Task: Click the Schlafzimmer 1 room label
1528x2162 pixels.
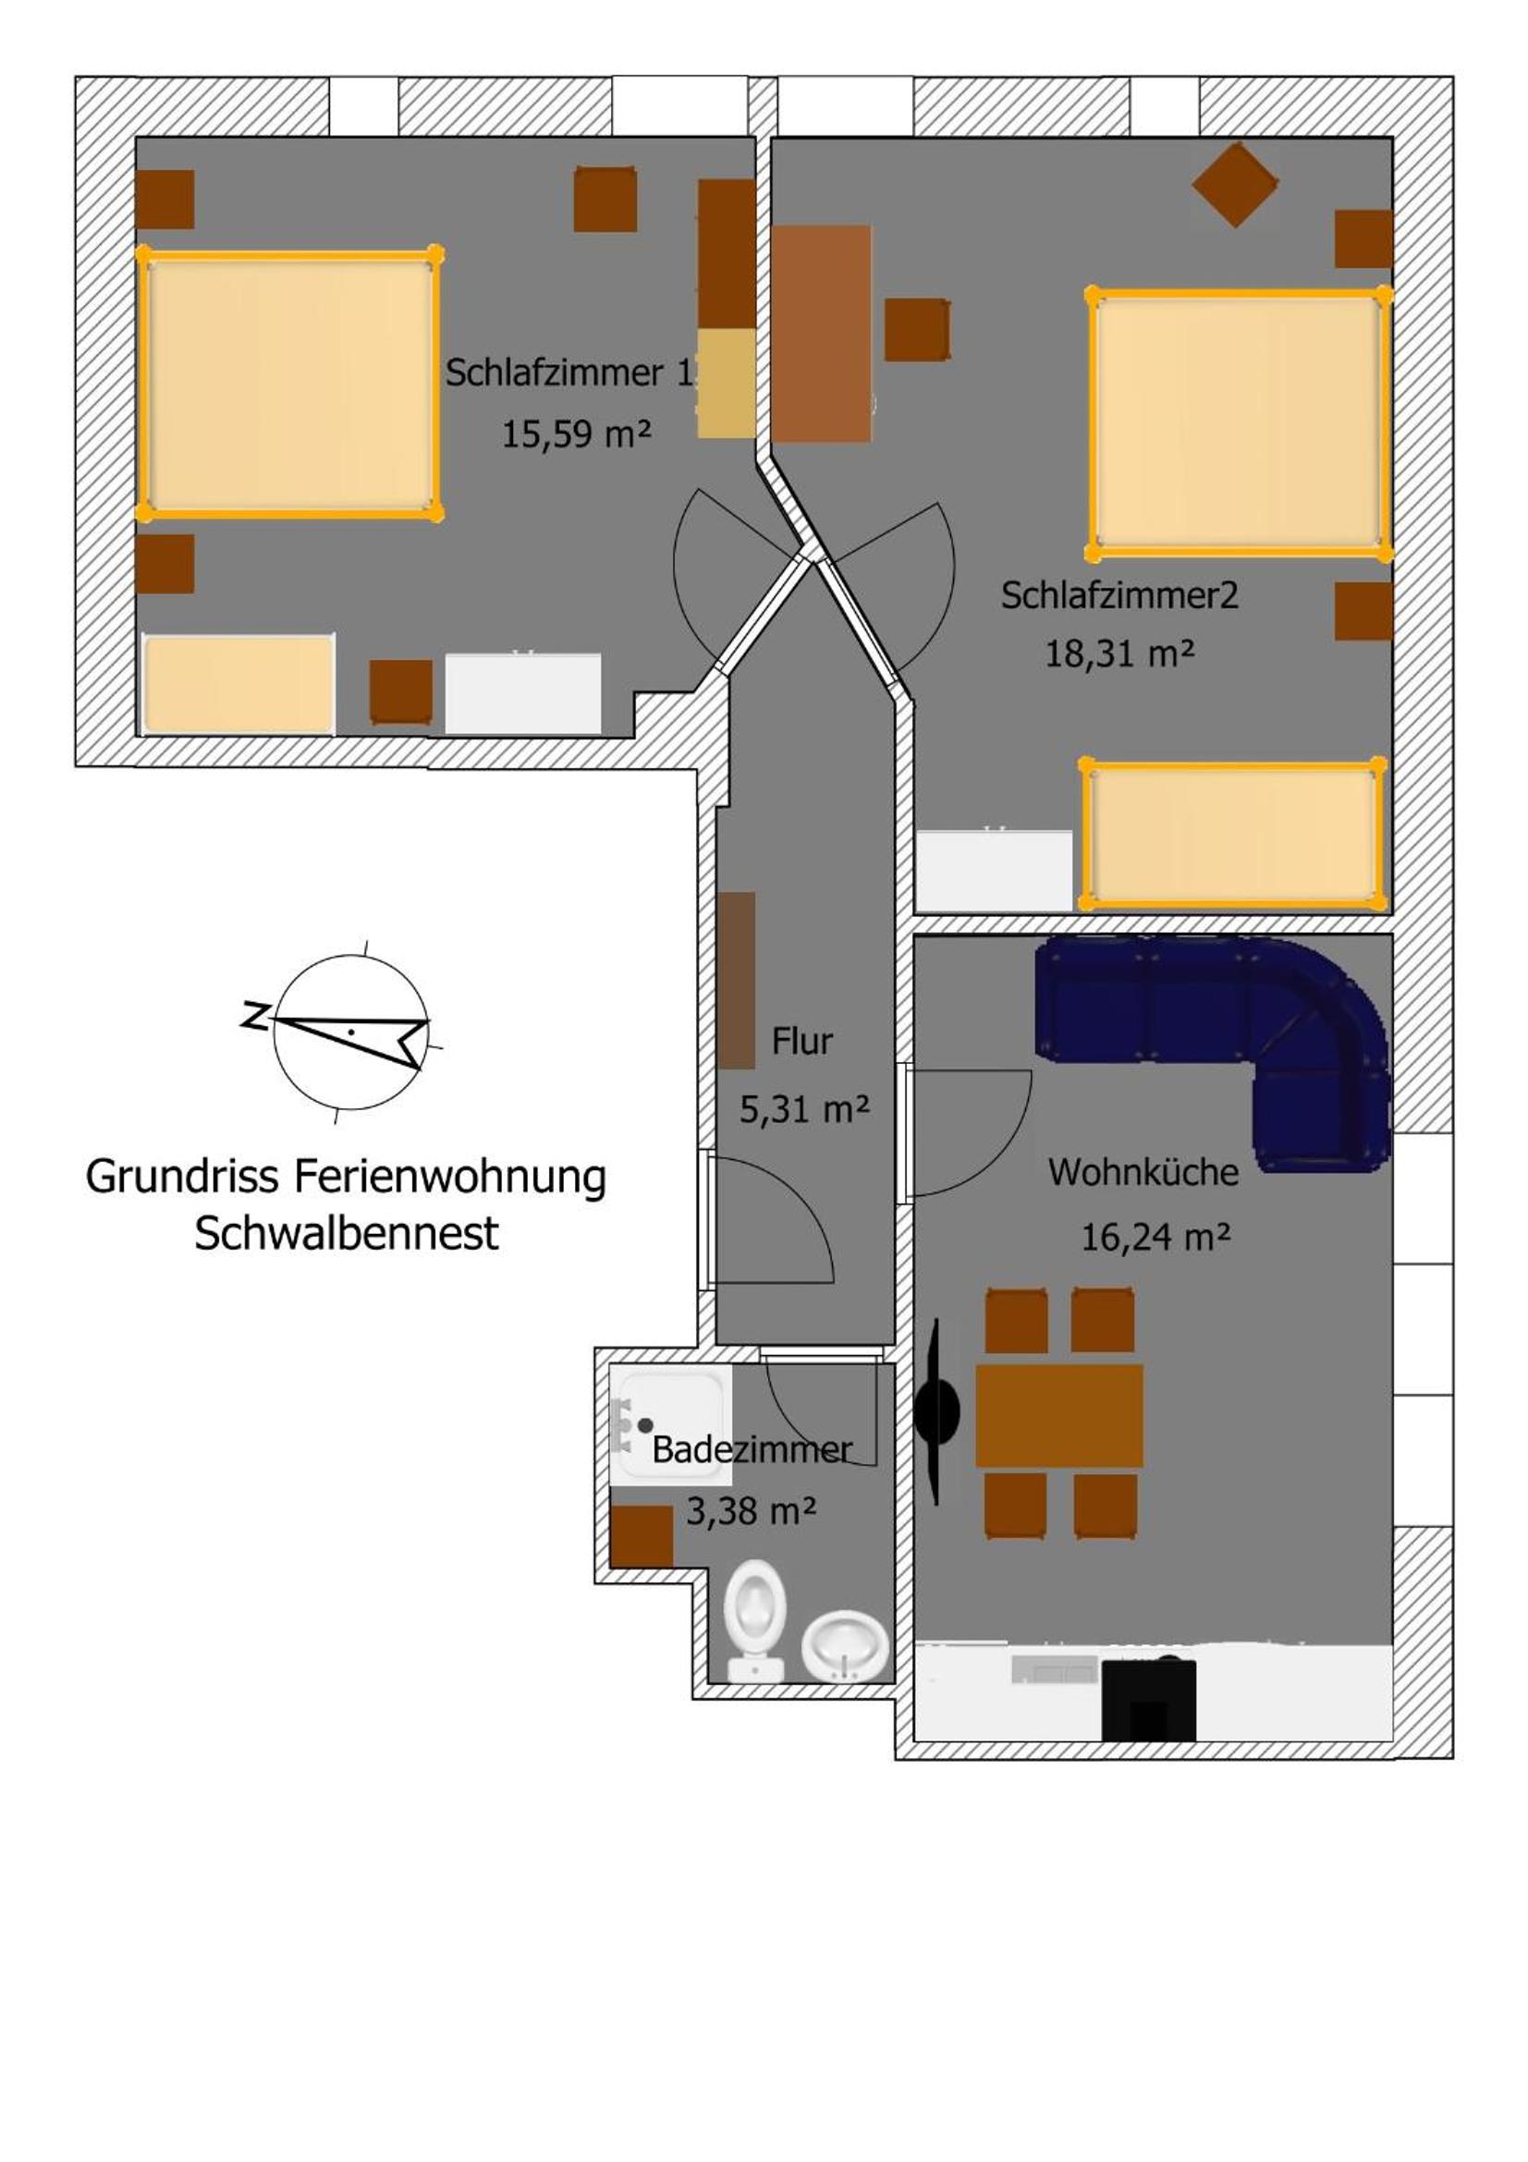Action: (x=568, y=373)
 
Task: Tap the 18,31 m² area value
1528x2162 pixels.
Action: (x=1119, y=653)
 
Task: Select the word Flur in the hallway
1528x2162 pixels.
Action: (x=802, y=1041)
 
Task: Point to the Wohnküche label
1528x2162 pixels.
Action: (x=1143, y=1171)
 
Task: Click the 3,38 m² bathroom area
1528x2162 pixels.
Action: (x=751, y=1511)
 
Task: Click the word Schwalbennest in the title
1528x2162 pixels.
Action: (x=347, y=1234)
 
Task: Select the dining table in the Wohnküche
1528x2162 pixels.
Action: (x=1059, y=1415)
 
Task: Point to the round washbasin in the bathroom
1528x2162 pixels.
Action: (x=846, y=1645)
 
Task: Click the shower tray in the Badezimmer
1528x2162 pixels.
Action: (x=669, y=1426)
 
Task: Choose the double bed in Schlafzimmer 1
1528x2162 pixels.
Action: (x=289, y=385)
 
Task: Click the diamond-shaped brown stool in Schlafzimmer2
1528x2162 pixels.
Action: (x=1235, y=185)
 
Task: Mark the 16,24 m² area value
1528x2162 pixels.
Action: (x=1155, y=1237)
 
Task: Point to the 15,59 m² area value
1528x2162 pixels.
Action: (x=576, y=434)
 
